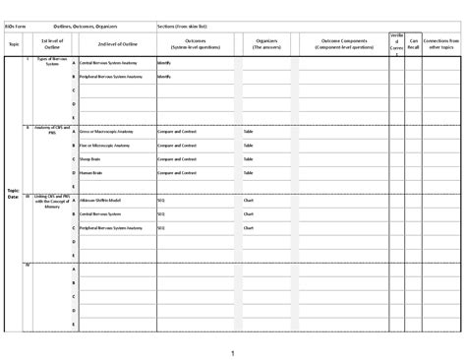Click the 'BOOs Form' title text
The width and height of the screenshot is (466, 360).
pyautogui.click(x=18, y=25)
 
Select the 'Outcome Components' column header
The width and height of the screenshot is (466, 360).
pyautogui.click(x=347, y=43)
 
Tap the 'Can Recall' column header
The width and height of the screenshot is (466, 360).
pyautogui.click(x=413, y=43)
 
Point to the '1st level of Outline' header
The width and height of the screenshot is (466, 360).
pyautogui.click(x=51, y=43)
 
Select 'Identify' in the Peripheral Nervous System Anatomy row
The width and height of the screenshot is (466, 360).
pyautogui.click(x=163, y=76)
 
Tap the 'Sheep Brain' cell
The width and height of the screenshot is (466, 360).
pyautogui.click(x=92, y=158)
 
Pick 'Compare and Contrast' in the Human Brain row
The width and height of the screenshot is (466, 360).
pyautogui.click(x=176, y=172)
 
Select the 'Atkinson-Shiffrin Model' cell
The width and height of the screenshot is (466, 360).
pyautogui.click(x=103, y=200)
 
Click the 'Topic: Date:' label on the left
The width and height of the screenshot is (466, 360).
pyautogui.click(x=13, y=194)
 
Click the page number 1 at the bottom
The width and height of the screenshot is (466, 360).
pyautogui.click(x=232, y=351)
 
